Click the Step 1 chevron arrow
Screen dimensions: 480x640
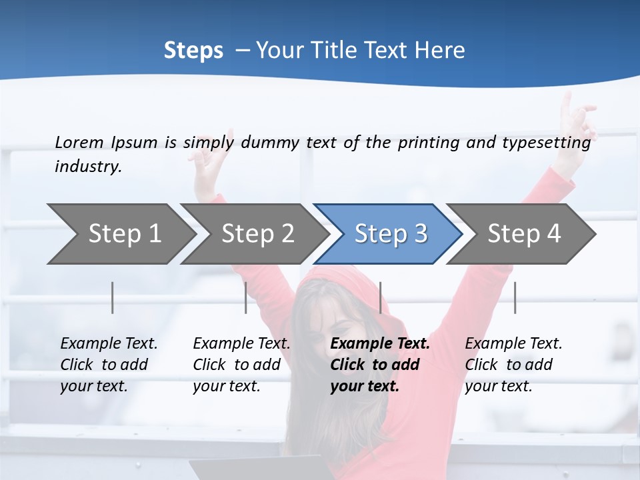123,234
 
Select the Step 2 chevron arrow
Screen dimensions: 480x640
257,234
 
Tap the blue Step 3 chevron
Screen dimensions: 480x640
390,234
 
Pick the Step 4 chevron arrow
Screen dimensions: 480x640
523,234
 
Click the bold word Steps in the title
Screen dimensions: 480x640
193,51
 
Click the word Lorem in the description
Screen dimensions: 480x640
79,142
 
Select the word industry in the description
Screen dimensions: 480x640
88,167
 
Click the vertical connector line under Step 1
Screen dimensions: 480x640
113,297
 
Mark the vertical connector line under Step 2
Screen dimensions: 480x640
246,297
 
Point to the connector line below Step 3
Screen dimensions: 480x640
380,297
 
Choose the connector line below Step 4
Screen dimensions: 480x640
515,297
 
